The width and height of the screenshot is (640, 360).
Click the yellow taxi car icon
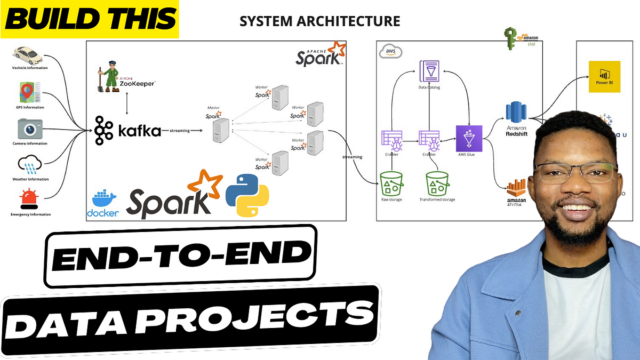pos(29,55)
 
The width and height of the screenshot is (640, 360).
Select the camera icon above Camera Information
pos(29,129)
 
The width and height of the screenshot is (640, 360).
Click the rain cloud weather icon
pos(29,164)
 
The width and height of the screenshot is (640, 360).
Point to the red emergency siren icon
pos(29,199)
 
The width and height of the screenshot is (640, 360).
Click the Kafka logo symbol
pos(104,130)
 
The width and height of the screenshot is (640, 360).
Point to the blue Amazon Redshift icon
pos(516,112)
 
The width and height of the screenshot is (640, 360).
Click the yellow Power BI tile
pos(604,76)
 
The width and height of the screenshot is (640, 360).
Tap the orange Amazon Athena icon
pos(516,187)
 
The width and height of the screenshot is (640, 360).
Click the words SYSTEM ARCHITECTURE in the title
pos(319,21)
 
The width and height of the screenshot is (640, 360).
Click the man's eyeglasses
pos(576,173)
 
